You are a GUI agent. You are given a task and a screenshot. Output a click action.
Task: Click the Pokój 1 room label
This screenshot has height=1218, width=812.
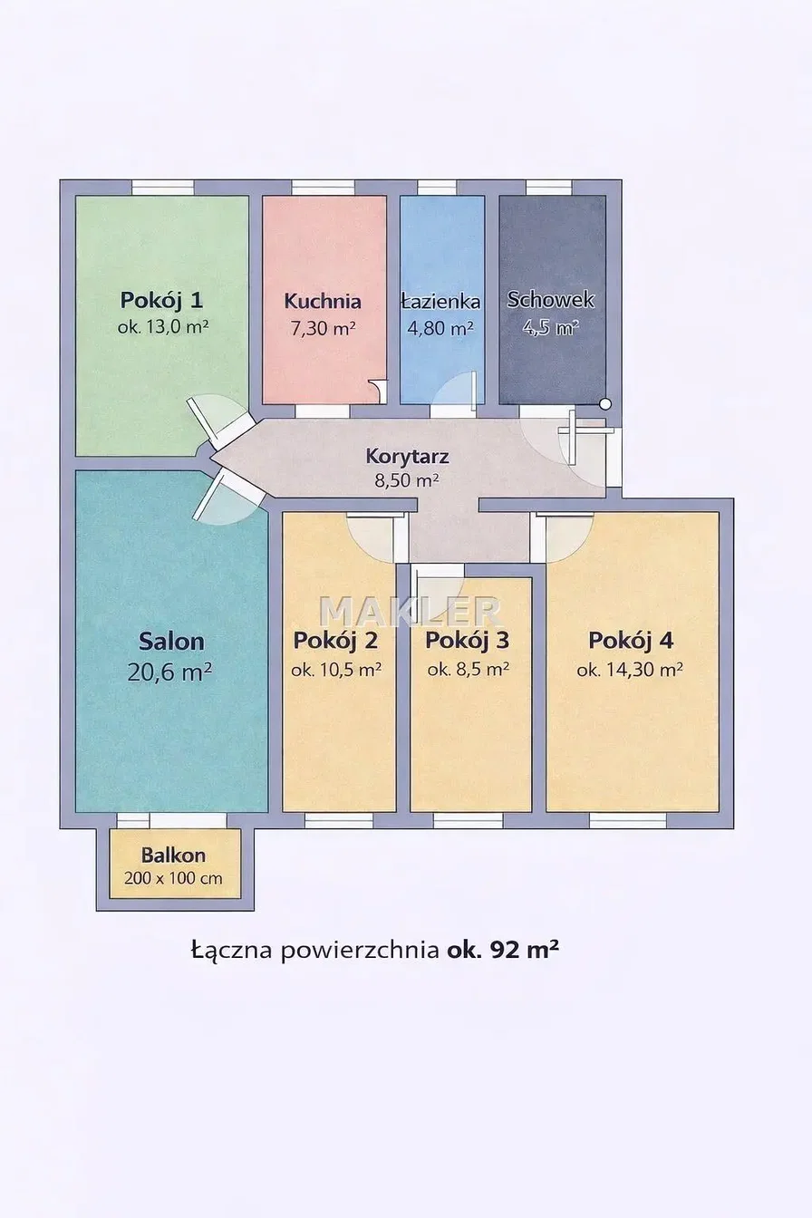161,300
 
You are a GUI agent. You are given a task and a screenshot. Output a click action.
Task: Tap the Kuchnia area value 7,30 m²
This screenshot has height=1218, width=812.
324,328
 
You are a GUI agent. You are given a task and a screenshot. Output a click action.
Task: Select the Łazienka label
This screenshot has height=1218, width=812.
440,301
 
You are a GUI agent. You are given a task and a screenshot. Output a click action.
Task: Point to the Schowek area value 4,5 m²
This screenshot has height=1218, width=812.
550,327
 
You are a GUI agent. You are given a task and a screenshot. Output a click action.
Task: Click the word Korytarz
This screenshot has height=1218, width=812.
408,456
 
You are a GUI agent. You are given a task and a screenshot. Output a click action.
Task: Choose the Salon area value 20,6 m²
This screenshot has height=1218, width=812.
169,672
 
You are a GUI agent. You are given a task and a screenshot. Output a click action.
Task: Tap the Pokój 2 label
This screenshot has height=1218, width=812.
335,641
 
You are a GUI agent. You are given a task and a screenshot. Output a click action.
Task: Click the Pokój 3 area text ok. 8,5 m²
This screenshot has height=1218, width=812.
468,670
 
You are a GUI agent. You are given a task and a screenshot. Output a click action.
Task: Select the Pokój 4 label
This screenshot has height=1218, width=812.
631,641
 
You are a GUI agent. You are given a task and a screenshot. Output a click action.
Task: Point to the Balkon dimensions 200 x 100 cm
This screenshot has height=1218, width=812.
173,878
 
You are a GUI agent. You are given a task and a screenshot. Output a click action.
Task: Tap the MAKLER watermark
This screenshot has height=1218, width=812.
411,611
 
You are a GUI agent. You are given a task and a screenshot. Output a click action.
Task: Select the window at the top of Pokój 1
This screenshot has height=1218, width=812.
163,188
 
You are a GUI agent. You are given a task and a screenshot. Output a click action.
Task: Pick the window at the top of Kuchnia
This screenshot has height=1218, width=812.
323,188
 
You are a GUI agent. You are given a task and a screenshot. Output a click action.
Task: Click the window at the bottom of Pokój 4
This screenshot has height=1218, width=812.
628,820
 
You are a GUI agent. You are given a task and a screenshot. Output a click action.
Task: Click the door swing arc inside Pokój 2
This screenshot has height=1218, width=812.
362,546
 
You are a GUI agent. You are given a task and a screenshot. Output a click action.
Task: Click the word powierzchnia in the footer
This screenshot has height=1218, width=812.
360,951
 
